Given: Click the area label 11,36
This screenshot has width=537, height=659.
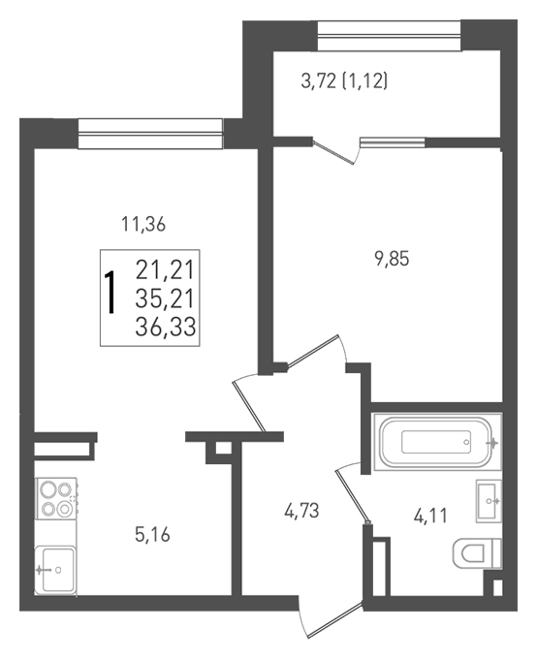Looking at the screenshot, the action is click(143, 225).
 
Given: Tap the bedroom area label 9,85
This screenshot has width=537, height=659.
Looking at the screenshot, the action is click(392, 259).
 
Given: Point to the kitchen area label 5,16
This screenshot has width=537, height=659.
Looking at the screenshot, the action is click(152, 535).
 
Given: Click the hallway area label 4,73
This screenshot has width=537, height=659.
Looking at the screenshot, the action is click(301, 511).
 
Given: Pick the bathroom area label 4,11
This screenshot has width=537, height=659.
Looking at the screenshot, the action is click(430, 516).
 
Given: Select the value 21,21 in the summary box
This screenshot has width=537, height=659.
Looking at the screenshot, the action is click(165, 269).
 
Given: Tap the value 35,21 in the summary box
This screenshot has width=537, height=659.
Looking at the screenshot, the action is click(165, 298).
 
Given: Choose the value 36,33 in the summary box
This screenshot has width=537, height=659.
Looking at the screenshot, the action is click(165, 327).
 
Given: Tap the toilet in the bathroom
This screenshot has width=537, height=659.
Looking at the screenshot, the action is click(477, 553).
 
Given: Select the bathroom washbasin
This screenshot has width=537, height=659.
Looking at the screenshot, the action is click(489, 501).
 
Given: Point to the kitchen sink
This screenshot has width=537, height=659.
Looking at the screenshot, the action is click(55, 570).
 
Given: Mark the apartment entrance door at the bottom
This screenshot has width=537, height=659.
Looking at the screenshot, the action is click(331, 618).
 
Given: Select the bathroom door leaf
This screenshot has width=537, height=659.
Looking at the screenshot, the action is click(353, 496).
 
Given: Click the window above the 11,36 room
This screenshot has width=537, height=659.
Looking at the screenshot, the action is click(150, 134).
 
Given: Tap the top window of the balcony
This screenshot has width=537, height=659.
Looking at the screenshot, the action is click(389, 36).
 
